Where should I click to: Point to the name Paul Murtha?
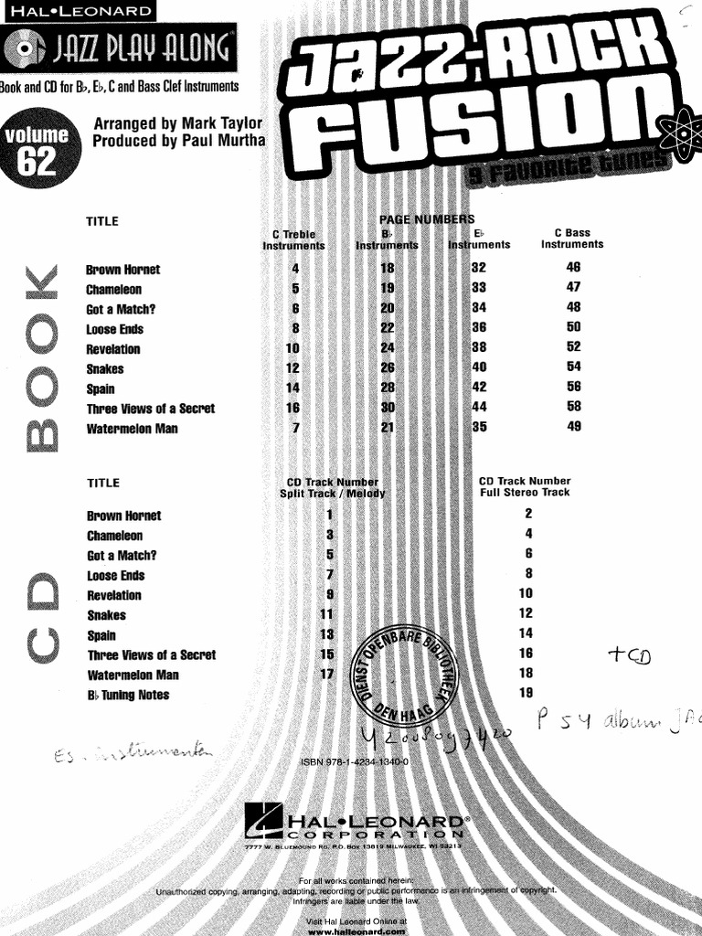224,141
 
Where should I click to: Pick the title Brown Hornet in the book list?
122,270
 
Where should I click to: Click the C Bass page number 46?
573,268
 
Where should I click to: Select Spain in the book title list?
101,388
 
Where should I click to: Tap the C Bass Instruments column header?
572,239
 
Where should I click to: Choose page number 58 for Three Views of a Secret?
573,407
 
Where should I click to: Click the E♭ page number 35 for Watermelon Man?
479,427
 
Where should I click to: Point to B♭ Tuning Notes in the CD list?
128,695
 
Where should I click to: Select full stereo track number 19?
526,693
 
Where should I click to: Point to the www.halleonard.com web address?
356,931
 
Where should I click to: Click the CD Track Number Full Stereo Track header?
525,486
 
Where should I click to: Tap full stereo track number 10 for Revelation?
526,593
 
